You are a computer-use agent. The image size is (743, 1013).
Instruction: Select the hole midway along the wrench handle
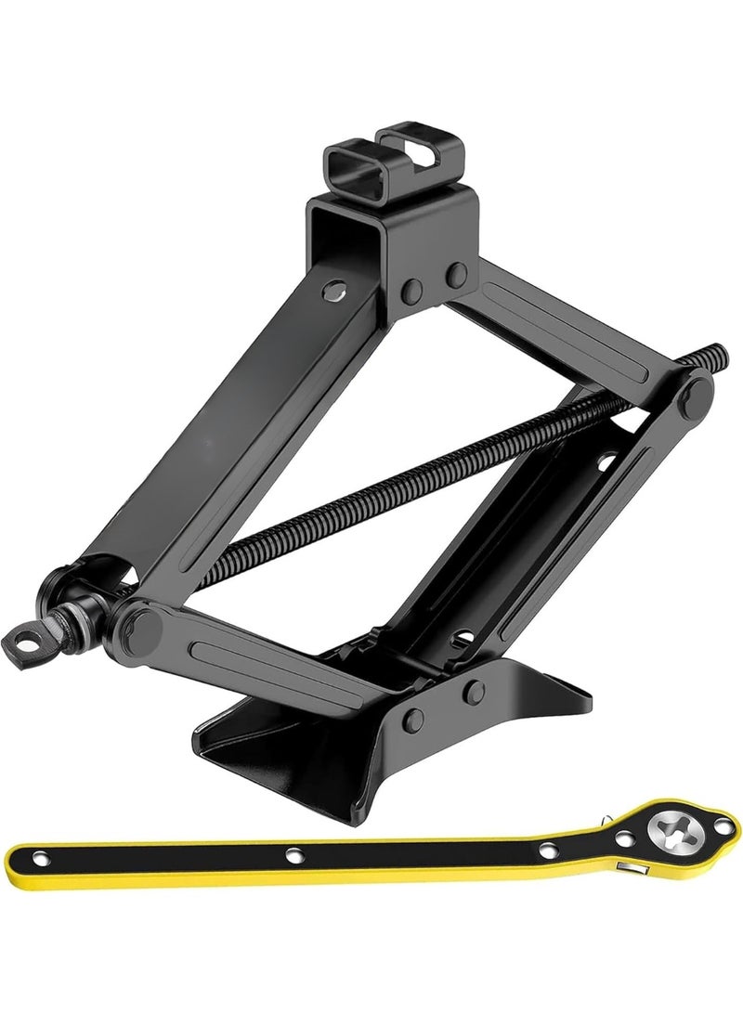point(293,854)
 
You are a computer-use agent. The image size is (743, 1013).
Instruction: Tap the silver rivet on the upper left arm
point(332,292)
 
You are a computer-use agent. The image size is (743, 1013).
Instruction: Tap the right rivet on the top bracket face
point(455,275)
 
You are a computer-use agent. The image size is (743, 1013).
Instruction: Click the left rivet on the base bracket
point(414,720)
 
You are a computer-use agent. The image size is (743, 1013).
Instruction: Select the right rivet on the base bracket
point(475,692)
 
